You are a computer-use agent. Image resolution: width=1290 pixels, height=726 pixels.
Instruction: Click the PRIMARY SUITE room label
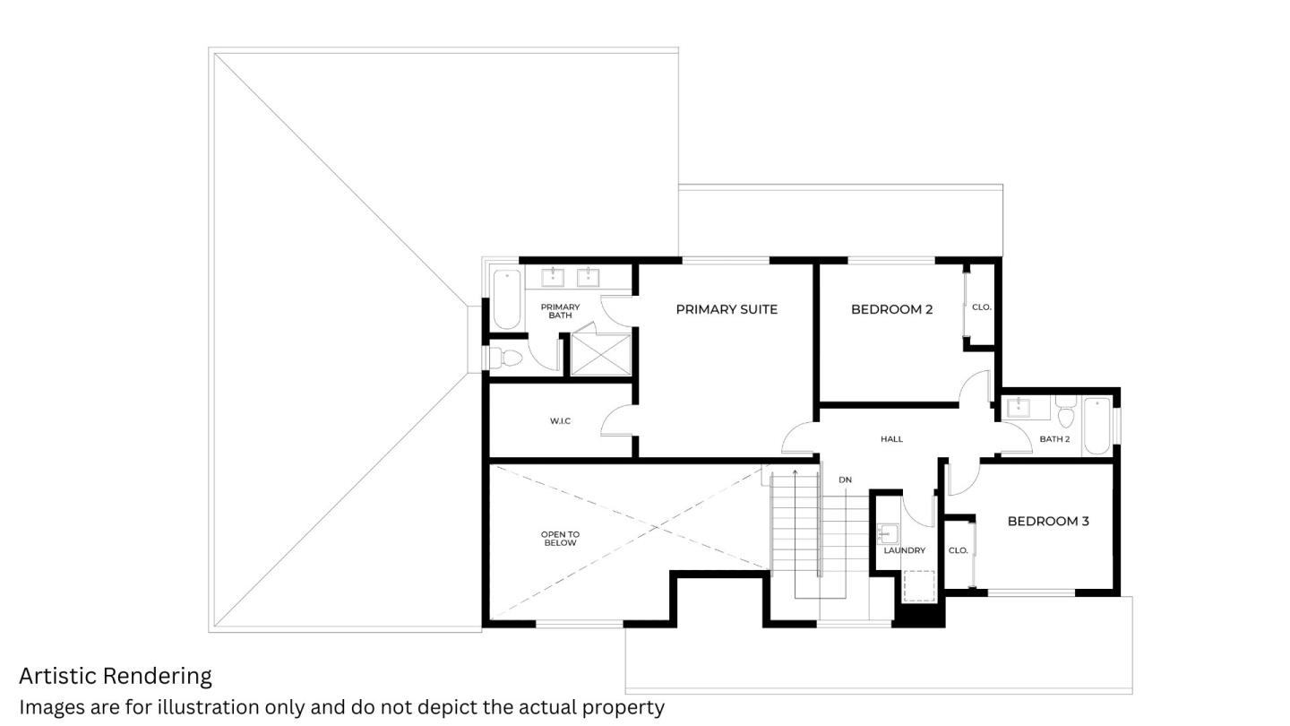click(x=727, y=309)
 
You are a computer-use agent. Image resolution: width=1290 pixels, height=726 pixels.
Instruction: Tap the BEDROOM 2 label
click(x=891, y=309)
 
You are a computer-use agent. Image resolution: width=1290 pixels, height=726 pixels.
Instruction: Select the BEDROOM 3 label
click(x=1048, y=521)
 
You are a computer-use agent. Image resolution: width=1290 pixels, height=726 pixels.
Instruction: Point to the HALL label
click(x=891, y=439)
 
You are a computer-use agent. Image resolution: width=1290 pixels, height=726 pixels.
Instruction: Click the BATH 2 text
click(x=1054, y=439)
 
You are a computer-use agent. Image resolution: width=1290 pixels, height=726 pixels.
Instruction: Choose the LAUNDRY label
click(x=904, y=550)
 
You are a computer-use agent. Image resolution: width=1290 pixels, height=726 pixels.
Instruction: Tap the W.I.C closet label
click(x=560, y=421)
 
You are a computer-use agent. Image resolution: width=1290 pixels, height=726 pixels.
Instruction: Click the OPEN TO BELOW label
click(x=560, y=539)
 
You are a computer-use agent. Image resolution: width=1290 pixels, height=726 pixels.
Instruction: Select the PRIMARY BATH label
click(x=560, y=311)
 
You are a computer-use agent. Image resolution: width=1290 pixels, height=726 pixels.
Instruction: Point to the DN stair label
click(x=845, y=480)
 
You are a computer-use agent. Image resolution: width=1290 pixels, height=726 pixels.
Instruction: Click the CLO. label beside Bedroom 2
click(x=982, y=307)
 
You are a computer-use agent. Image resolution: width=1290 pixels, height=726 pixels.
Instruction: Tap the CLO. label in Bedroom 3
click(x=958, y=550)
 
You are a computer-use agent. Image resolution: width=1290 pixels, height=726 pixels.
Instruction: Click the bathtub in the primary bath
click(x=507, y=299)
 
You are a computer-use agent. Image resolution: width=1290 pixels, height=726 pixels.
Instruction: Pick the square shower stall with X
click(x=601, y=354)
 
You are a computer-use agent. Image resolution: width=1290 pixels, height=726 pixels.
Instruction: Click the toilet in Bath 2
click(x=1066, y=413)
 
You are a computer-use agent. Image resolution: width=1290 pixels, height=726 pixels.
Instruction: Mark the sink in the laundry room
click(x=887, y=534)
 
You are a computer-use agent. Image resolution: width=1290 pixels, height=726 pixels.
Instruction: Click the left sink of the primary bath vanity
click(x=553, y=277)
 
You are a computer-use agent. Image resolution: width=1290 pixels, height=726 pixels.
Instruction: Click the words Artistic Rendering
click(x=116, y=676)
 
